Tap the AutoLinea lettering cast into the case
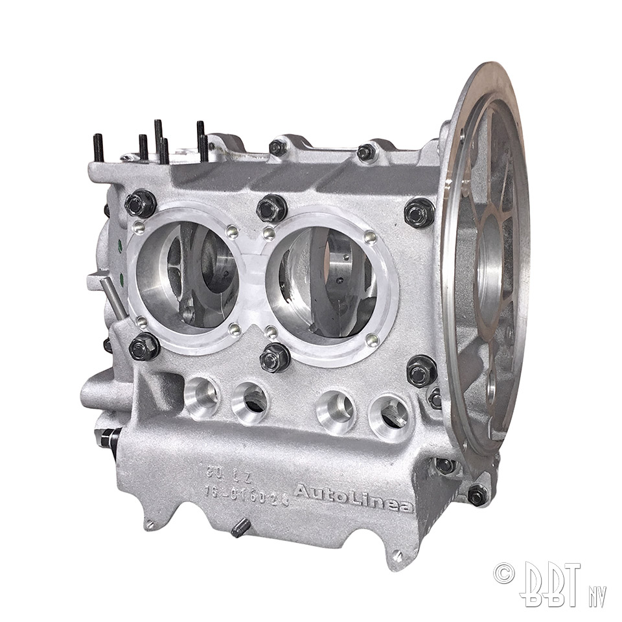pos(354,498)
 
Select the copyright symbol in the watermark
pos(503,572)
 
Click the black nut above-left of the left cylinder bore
pos(141,203)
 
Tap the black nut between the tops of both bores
pos(271,208)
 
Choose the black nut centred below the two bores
pos(275,357)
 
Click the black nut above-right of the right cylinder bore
pos(419,213)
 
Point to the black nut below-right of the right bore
pos(422,371)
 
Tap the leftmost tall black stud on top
pos(98,148)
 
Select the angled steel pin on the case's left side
pos(114,296)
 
